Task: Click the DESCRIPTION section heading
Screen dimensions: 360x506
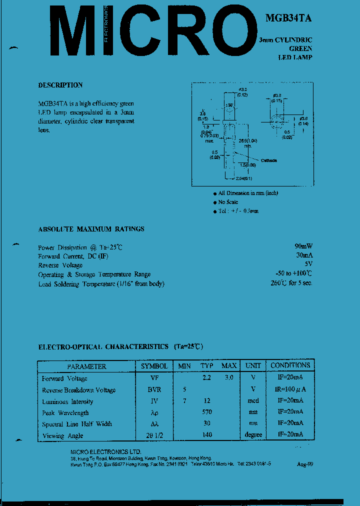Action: click(60, 85)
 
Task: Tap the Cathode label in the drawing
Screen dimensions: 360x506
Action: click(268, 160)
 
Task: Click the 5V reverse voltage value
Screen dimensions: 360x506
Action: click(308, 264)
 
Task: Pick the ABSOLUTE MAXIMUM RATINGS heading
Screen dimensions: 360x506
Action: click(91, 229)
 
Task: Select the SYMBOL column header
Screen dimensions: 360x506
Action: click(154, 366)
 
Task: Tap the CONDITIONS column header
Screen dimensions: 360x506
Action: click(290, 365)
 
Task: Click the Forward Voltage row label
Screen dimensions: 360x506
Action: click(64, 378)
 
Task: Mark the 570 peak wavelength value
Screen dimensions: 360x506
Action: click(207, 412)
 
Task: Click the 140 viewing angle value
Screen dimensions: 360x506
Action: click(207, 435)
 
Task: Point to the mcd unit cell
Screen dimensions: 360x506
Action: click(253, 401)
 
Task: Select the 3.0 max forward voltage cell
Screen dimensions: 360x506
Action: click(228, 378)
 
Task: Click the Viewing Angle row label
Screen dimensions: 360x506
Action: click(62, 435)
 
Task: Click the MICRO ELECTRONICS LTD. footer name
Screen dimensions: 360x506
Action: click(106, 452)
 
